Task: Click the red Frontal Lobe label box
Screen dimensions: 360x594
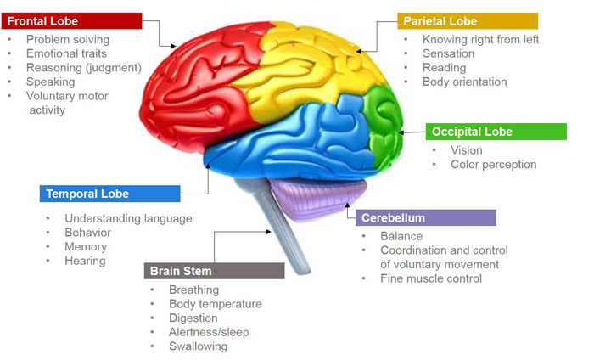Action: tap(71, 20)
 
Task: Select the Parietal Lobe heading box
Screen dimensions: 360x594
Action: tap(467, 20)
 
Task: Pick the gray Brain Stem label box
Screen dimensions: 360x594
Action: tap(214, 271)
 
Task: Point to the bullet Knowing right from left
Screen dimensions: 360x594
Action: tap(480, 40)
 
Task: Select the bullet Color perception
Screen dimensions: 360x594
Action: tap(493, 165)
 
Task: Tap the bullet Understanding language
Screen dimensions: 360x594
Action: tap(128, 218)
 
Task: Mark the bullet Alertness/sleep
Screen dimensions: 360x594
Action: tap(209, 332)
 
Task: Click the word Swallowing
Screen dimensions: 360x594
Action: tap(198, 346)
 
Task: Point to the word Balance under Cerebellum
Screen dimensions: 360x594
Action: tap(401, 236)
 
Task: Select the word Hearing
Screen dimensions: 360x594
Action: tap(85, 261)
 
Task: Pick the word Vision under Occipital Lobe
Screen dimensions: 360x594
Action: tap(467, 150)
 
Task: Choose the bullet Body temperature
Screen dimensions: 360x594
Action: tap(215, 304)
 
